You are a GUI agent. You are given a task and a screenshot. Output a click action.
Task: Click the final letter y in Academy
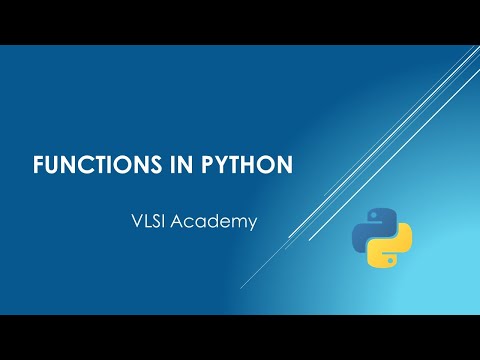pyautogui.click(x=252, y=223)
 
